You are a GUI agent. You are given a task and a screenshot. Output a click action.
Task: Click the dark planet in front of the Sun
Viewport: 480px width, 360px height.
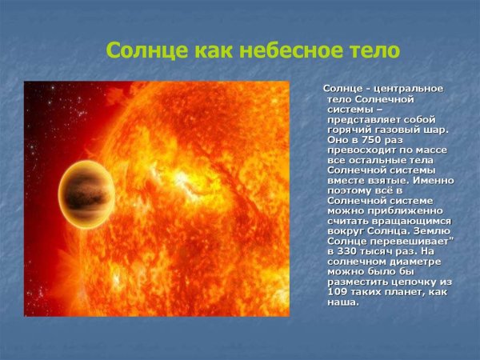86,197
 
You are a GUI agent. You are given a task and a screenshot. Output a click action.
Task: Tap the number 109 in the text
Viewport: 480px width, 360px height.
338,293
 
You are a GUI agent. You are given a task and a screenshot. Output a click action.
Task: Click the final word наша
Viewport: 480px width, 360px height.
342,302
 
